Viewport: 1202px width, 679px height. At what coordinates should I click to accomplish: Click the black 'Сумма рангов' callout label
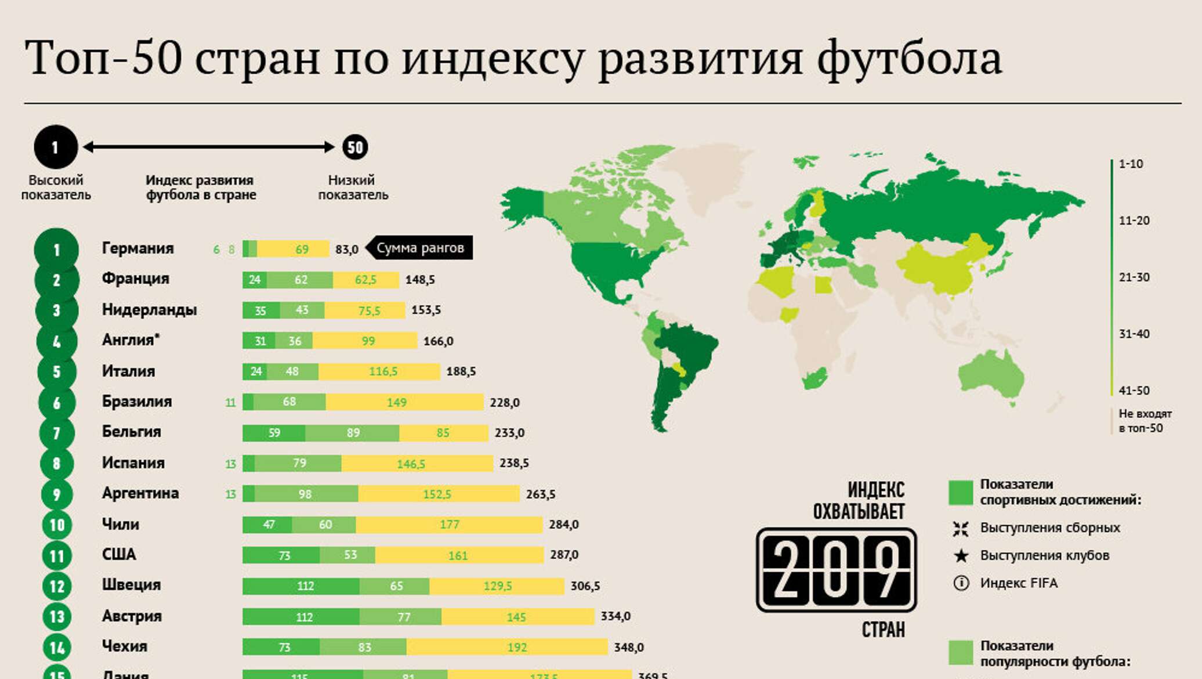pos(420,248)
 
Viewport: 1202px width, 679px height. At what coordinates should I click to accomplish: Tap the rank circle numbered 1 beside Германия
pos(56,250)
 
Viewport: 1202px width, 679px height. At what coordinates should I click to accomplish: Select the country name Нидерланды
pos(149,309)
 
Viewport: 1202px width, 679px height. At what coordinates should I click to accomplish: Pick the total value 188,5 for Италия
pos(461,371)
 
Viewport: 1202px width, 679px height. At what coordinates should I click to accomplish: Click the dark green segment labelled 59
pos(274,432)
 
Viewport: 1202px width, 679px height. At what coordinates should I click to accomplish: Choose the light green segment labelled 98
pos(306,494)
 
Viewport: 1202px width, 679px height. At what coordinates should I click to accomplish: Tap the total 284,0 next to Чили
pos(563,525)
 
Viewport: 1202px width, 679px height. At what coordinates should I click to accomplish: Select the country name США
pos(119,555)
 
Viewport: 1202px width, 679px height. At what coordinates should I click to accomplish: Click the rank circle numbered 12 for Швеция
pos(57,586)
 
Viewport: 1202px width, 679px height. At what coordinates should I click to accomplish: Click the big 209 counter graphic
pos(836,570)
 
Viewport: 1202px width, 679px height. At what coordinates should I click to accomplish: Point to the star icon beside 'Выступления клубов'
pos(961,556)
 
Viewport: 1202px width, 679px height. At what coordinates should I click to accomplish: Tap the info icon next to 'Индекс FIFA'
pos(961,583)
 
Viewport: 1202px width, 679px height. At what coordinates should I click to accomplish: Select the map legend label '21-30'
pos(1134,277)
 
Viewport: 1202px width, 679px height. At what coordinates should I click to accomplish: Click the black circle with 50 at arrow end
pos(355,147)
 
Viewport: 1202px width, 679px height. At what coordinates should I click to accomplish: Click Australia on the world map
pos(990,374)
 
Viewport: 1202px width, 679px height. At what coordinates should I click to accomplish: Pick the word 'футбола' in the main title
pos(909,58)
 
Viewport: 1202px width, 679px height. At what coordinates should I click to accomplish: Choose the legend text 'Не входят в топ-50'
pos(1145,421)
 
